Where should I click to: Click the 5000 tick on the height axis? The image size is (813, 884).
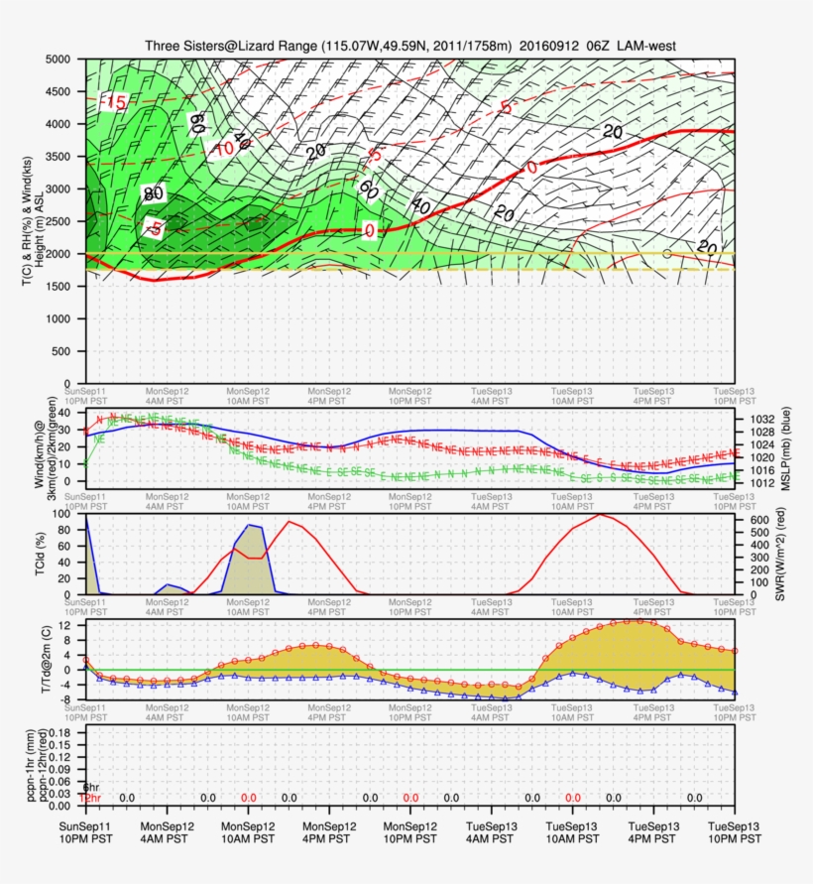click(60, 60)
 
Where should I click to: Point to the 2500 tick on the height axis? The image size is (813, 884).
click(60, 221)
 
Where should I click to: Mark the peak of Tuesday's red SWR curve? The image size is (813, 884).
click(599, 514)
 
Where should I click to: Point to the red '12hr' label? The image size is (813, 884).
click(89, 798)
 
